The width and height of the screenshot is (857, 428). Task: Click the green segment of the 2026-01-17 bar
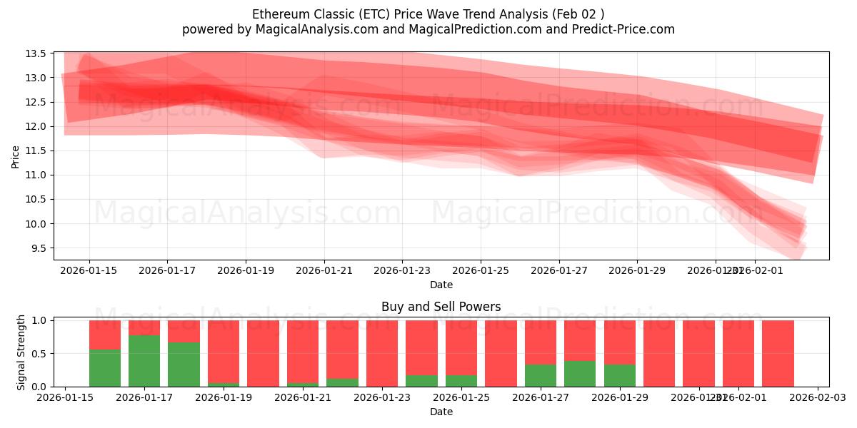click(x=144, y=360)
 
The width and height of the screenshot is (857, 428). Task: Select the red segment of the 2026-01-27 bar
click(x=540, y=342)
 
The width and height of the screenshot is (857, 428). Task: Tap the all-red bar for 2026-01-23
click(x=382, y=353)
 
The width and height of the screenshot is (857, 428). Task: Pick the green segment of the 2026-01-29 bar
click(x=619, y=375)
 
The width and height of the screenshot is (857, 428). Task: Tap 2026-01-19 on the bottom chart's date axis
click(x=224, y=397)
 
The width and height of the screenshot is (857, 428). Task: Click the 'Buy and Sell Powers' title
click(x=441, y=307)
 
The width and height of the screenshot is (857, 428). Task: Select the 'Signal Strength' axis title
click(x=21, y=352)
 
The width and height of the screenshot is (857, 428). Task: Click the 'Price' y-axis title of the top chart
click(x=16, y=157)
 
